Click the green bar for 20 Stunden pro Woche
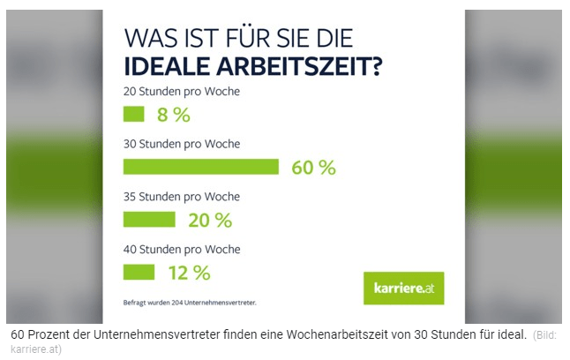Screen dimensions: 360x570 click(x=133, y=114)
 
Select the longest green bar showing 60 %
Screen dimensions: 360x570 click(x=200, y=167)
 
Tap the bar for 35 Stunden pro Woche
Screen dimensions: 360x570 click(x=149, y=219)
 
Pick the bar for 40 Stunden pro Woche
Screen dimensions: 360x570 click(x=139, y=272)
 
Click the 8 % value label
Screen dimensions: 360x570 click(x=174, y=115)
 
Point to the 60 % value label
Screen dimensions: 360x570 click(x=313, y=168)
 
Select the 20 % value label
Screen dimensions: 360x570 click(x=210, y=220)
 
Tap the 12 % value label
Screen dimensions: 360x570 click(x=189, y=273)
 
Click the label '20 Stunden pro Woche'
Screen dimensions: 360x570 click(x=181, y=91)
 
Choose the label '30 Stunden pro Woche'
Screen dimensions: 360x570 click(x=181, y=144)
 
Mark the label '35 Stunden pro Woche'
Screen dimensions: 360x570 click(x=181, y=196)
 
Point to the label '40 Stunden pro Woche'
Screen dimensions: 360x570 click(x=181, y=249)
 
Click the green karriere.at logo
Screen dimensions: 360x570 click(x=403, y=288)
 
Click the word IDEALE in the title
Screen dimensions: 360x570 click(x=165, y=67)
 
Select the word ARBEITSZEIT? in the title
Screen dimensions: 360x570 click(x=300, y=67)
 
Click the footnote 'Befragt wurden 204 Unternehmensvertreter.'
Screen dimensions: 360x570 click(x=190, y=304)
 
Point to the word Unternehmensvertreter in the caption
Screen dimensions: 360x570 click(x=154, y=334)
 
